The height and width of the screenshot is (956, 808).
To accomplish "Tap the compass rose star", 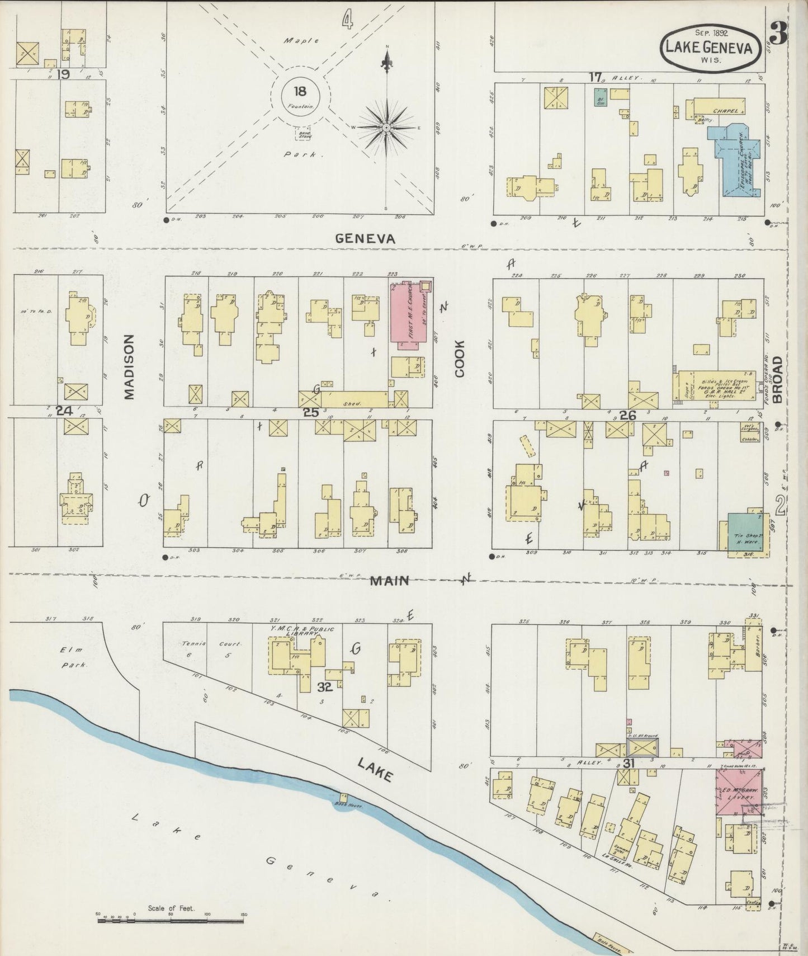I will pos(386,128).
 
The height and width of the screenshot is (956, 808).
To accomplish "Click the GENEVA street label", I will pos(365,239).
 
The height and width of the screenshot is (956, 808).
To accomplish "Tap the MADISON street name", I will pos(130,367).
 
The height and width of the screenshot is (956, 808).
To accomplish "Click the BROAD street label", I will pos(777,379).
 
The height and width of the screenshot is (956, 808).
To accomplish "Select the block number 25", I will pos(310,412).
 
